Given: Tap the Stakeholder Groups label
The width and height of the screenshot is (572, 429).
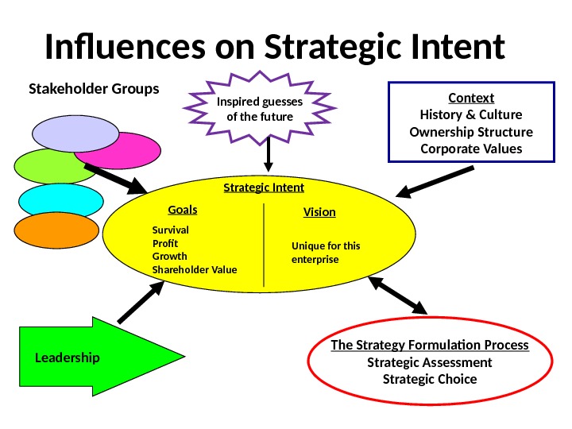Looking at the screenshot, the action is click(x=94, y=87).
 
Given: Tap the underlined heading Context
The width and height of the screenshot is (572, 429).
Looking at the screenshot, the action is click(x=471, y=98).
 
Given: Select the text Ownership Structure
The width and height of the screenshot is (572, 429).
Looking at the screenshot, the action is click(x=471, y=131).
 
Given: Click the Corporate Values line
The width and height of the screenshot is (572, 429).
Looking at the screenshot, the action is click(x=471, y=149).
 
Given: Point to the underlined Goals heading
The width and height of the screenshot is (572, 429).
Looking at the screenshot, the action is click(x=183, y=211).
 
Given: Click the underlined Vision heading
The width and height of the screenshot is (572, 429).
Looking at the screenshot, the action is click(x=319, y=213).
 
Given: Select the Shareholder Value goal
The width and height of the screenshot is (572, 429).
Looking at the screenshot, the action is click(x=194, y=270).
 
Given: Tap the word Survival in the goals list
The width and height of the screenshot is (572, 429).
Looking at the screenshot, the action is click(x=170, y=230).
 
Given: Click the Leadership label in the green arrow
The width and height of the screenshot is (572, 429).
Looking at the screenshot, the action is click(x=68, y=357).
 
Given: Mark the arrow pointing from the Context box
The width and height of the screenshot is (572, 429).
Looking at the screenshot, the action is click(x=437, y=180).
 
